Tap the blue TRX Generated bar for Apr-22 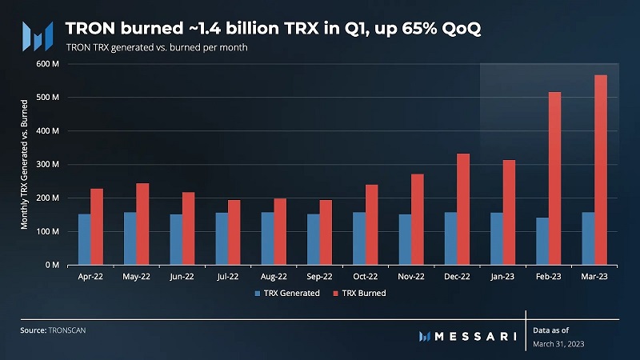coord(84,239)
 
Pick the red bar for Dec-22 coord(463,209)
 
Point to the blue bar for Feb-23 coord(542,241)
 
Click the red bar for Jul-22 coord(234,232)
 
